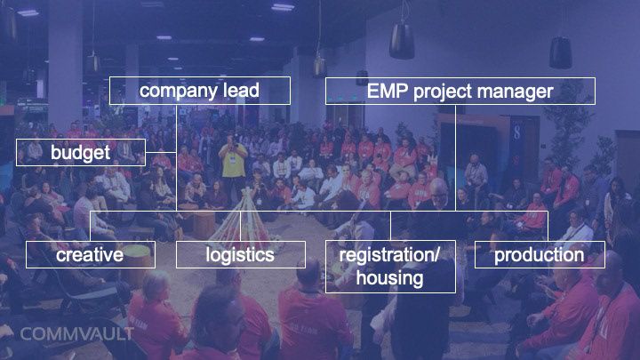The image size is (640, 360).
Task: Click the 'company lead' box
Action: pyautogui.click(x=200, y=91)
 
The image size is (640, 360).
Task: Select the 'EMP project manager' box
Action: pyautogui.click(x=460, y=91)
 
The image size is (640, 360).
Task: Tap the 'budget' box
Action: pyautogui.click(x=81, y=153)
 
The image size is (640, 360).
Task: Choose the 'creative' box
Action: pyautogui.click(x=90, y=255)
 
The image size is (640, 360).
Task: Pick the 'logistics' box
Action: pyautogui.click(x=240, y=255)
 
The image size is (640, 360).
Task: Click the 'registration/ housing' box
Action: pyautogui.click(x=390, y=267)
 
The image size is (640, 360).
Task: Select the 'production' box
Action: pyautogui.click(x=540, y=255)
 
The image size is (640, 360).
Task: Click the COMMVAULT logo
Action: pyautogui.click(x=76, y=334)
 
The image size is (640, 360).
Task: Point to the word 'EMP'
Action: pyautogui.click(x=388, y=91)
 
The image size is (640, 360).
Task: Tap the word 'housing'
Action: pyautogui.click(x=389, y=278)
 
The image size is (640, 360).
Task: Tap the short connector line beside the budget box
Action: pyautogui.click(x=161, y=153)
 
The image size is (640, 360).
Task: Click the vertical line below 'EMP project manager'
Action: pyautogui.click(x=455, y=157)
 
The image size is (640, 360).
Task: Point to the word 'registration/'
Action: pyautogui.click(x=389, y=255)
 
